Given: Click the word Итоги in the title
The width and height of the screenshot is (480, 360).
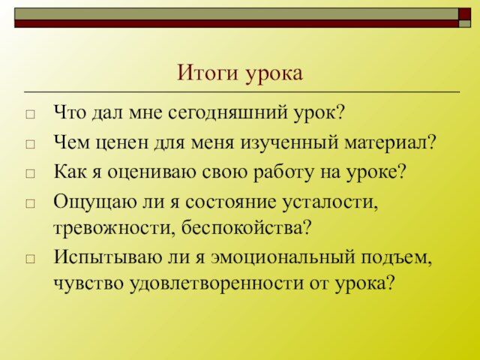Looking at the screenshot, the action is pos(207,73).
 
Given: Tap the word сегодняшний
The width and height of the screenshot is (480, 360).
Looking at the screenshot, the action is pos(228,113).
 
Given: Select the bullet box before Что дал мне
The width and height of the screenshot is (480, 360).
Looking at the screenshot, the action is pos(30,115).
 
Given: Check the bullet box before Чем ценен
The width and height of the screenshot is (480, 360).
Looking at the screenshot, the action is pos(30,144).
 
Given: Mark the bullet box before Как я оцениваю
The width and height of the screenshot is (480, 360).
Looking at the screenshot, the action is pos(30,174).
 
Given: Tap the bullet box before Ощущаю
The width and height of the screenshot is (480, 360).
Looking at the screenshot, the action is pos(30,203).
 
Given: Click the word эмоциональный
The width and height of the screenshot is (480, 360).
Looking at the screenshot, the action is pos(283,257).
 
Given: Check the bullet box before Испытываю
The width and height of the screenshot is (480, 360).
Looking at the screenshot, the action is pos(30,259).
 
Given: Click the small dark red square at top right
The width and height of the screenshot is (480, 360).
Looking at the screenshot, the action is pos(464,14).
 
